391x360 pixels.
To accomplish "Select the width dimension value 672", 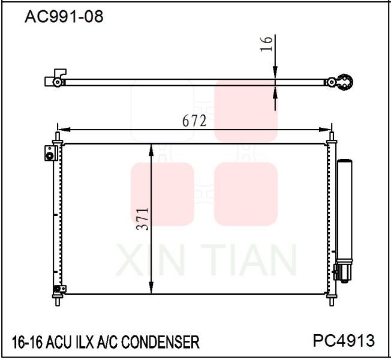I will [x=194, y=120].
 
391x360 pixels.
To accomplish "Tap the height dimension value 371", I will [x=142, y=220].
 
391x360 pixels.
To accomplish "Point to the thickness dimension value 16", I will [x=267, y=43].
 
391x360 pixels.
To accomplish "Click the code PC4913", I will [x=344, y=341].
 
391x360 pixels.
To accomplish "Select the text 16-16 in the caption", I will [x=25, y=343].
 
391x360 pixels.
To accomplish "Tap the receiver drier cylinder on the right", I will [x=345, y=210].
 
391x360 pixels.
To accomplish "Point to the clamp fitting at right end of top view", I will [x=345, y=83].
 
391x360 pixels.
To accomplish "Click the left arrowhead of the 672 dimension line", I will [x=63, y=129].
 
